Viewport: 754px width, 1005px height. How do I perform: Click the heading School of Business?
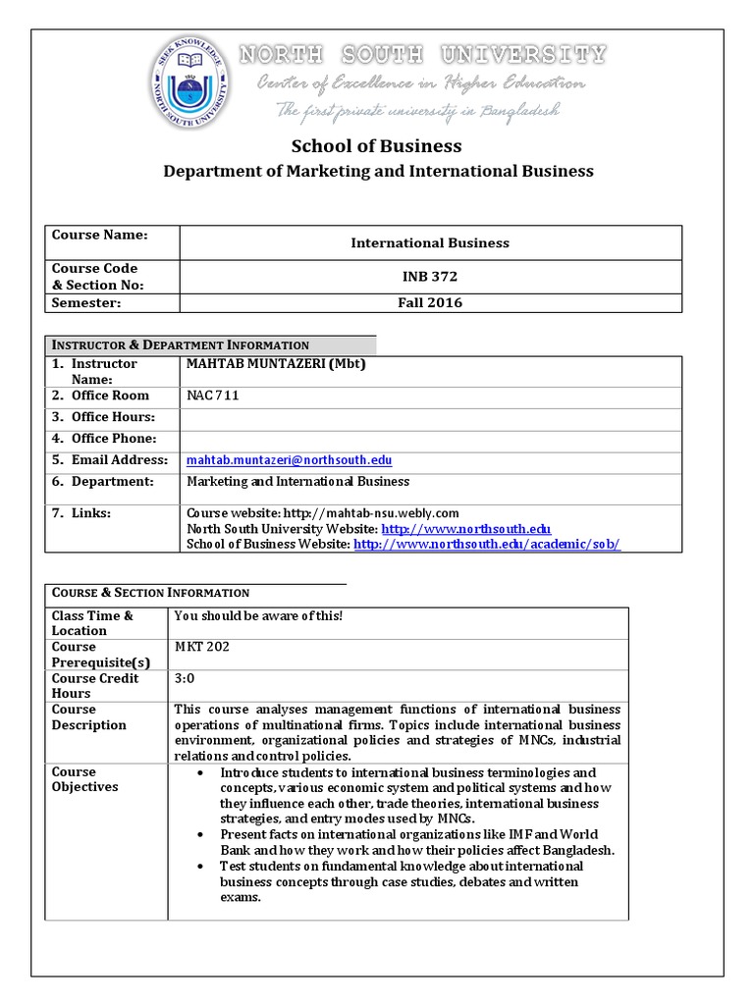coord(376,146)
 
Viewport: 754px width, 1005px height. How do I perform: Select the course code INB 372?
coord(430,277)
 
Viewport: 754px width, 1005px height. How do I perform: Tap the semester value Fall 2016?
coord(430,303)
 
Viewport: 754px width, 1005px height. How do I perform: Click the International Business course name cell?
coord(430,242)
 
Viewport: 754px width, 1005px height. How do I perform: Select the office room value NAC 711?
coord(213,396)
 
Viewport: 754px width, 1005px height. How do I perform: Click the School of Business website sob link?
coord(486,544)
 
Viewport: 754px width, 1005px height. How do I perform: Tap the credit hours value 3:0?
coord(185,678)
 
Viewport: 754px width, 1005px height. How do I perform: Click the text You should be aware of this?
coord(258,615)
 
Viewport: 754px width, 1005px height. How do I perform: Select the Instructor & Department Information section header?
coord(181,344)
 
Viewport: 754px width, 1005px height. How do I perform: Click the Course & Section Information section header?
coord(150,593)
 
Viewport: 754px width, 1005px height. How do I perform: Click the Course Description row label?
coord(89,717)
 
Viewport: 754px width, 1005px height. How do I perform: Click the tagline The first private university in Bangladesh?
coord(417,110)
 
